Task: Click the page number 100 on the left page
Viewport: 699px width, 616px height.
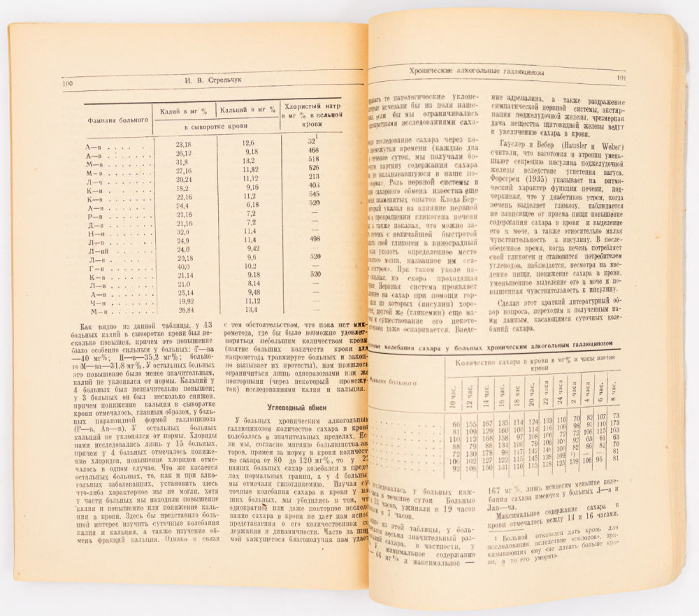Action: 69,83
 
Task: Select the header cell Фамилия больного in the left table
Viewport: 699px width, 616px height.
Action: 117,120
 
